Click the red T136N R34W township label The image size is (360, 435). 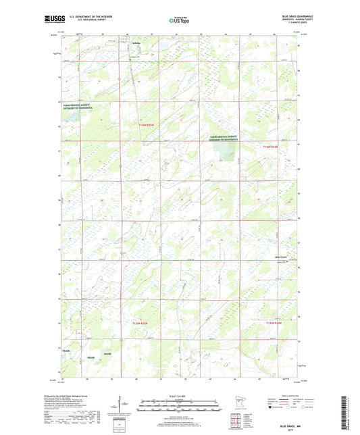tap(274, 147)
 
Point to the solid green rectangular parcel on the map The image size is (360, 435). tap(228, 155)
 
